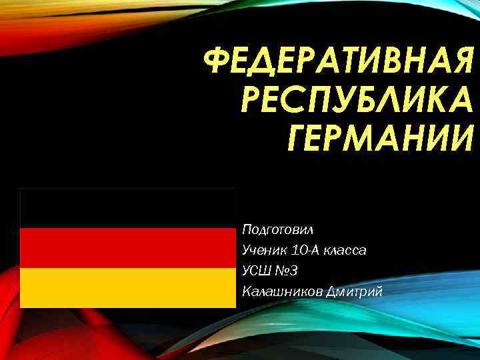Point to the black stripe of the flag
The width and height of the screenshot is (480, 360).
(127, 208)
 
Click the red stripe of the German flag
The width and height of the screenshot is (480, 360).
(127, 248)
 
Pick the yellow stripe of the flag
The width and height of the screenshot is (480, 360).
(127, 288)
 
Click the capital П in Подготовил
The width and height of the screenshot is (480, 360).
(247, 230)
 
